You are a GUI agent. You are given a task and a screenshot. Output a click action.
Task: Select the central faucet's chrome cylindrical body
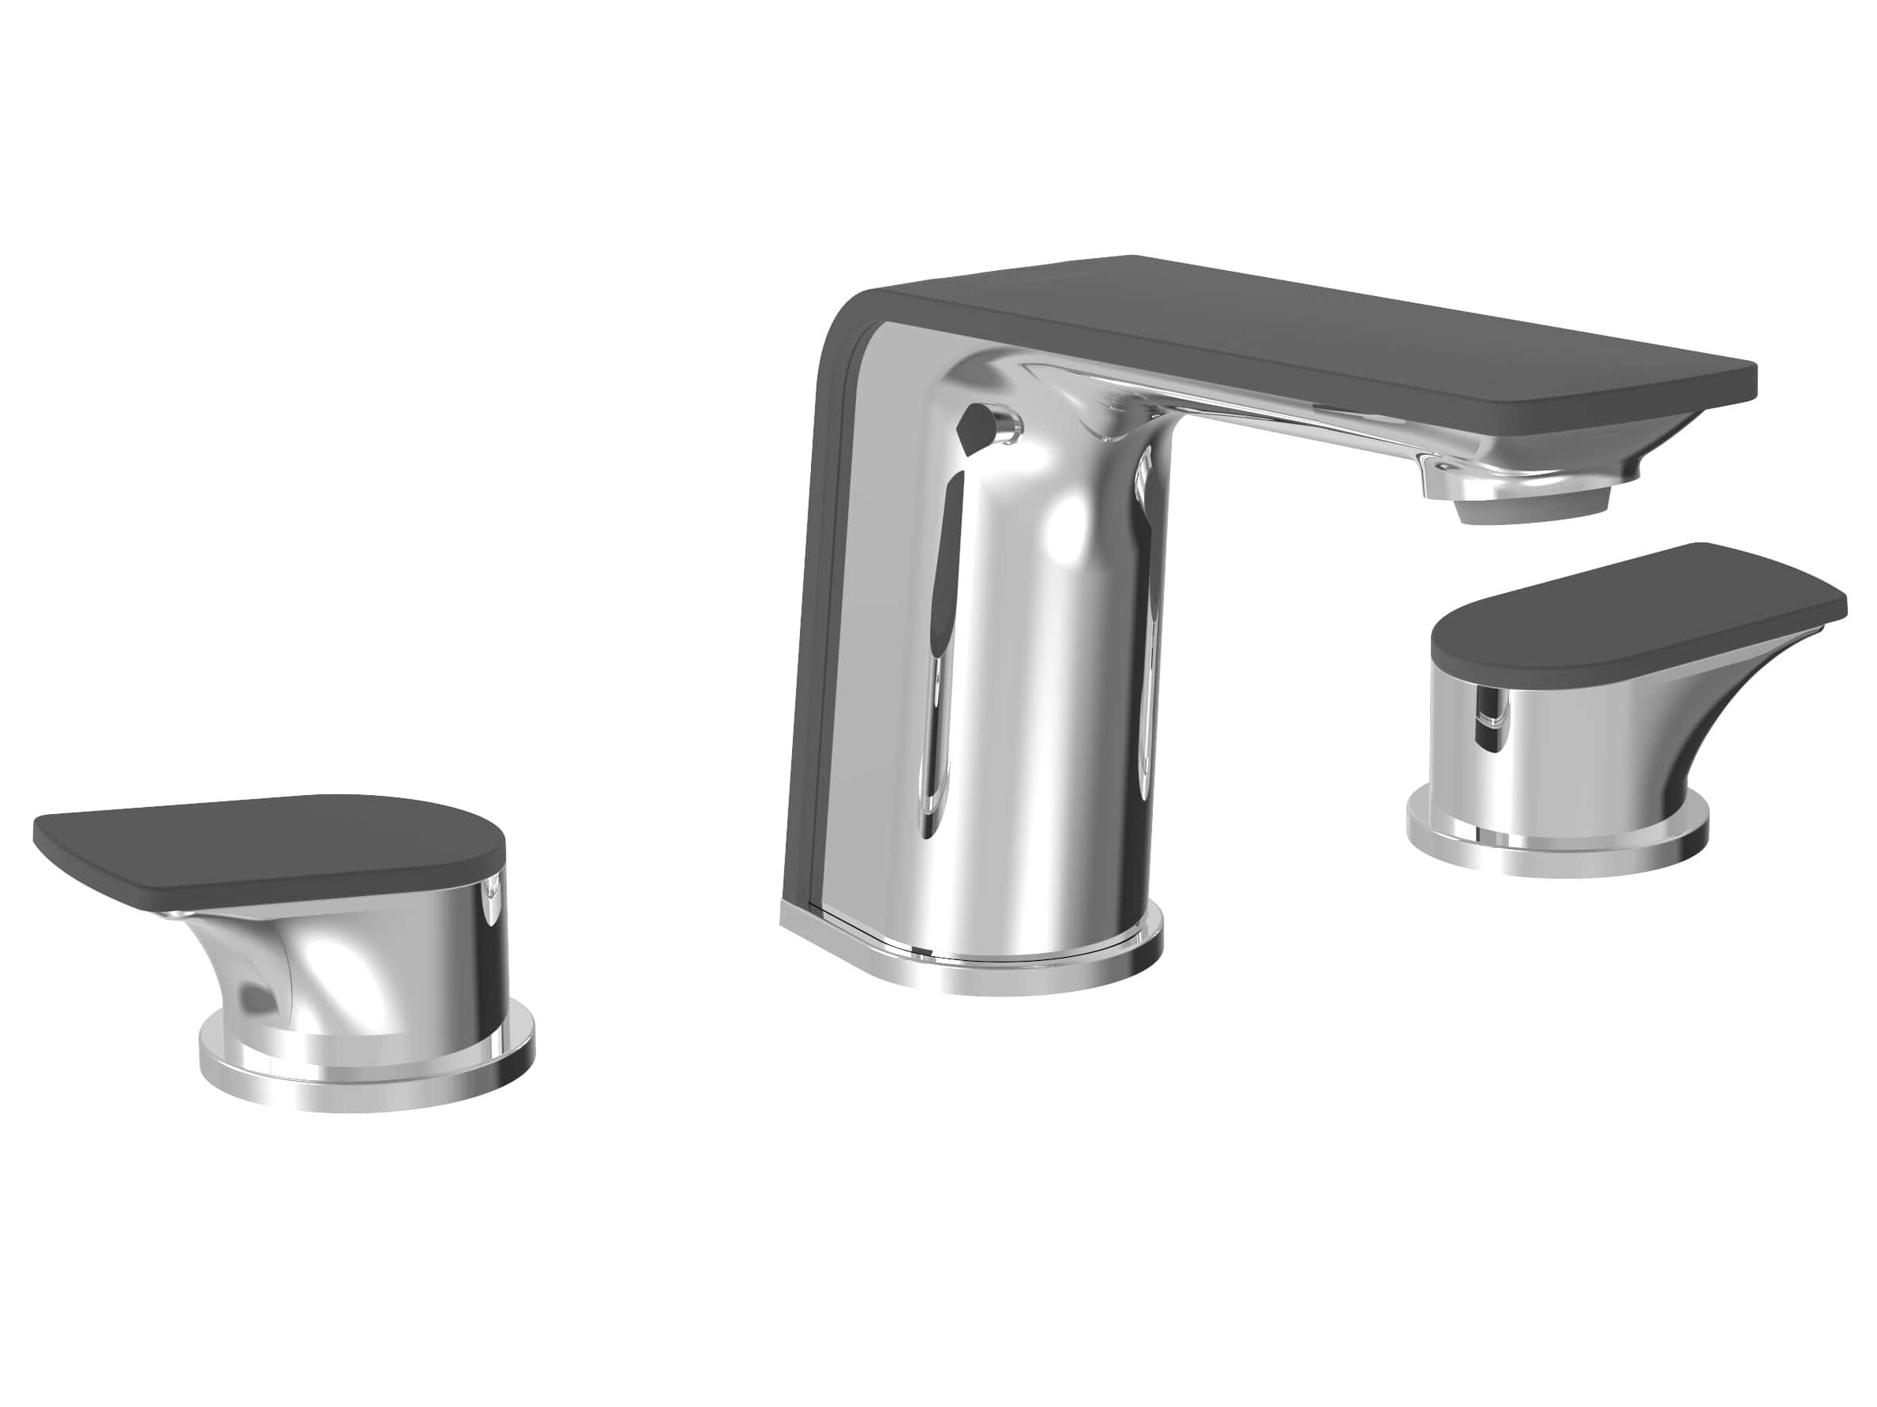click(x=1044, y=679)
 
